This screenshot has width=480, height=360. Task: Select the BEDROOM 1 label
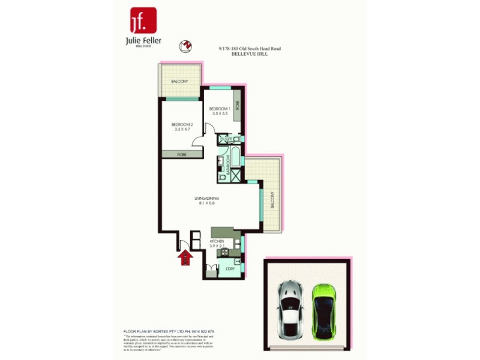pos(220,109)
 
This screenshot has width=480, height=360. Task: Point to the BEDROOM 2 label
pos(182,124)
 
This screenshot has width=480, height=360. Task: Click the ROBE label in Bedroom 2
pos(181,154)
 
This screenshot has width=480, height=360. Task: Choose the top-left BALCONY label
pos(179,81)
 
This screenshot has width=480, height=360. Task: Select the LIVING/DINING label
pos(206,198)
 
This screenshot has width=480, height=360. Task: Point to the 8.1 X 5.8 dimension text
pos(206,203)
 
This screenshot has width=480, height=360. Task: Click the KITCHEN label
pos(217,241)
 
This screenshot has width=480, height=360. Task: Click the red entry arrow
pos(185,258)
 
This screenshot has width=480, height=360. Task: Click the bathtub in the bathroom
pos(236,160)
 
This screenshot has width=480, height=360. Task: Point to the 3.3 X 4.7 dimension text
pos(182,129)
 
